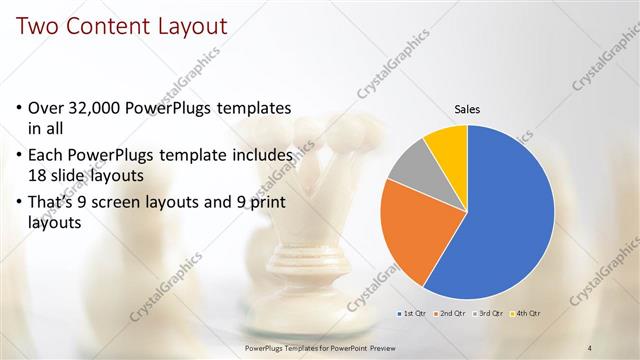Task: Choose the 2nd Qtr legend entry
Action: pyautogui.click(x=451, y=313)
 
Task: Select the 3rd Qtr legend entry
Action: pyautogui.click(x=490, y=313)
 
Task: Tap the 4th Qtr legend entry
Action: pyautogui.click(x=528, y=313)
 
